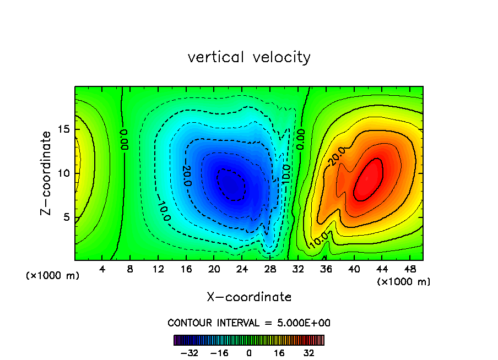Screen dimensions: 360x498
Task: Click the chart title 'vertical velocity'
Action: pos(249,57)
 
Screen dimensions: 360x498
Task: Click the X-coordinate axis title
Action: pos(249,297)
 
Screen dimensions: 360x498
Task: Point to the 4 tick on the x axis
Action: pos(102,270)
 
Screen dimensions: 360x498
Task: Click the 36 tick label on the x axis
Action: pos(326,270)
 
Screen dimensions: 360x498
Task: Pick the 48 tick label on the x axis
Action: pos(409,270)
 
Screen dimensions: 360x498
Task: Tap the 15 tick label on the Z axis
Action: pos(63,129)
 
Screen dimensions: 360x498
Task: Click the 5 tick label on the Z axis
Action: pos(66,217)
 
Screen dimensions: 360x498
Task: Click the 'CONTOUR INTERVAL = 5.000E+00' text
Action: pos(249,323)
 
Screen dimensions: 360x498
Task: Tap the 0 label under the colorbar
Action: pos(249,352)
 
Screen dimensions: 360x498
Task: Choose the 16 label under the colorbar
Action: pos(279,352)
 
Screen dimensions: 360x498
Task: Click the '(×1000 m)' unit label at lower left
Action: pos(52,276)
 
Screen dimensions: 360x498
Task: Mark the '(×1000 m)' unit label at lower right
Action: pos(404,282)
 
